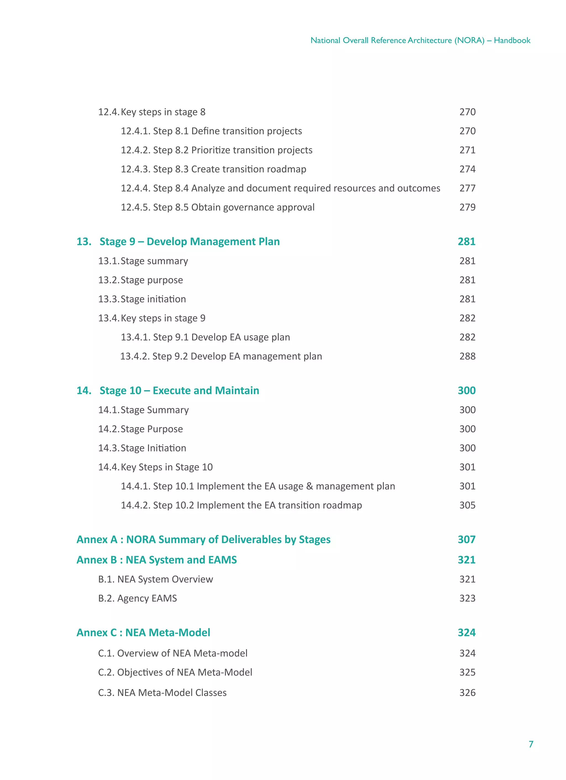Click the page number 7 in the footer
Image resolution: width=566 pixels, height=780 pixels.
pyautogui.click(x=531, y=744)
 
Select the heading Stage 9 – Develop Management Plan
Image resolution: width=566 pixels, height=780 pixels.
pyautogui.click(x=189, y=241)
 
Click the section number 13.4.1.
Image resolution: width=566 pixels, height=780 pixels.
pyautogui.click(x=135, y=337)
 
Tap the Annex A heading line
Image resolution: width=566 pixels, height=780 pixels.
pyautogui.click(x=203, y=539)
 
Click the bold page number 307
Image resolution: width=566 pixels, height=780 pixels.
pyautogui.click(x=466, y=539)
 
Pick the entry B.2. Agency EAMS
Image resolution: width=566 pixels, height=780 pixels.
pyautogui.click(x=138, y=598)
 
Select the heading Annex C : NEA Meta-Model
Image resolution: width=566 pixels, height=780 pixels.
pyautogui.click(x=143, y=632)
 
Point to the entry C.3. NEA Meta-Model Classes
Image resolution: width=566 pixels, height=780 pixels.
pyautogui.click(x=163, y=693)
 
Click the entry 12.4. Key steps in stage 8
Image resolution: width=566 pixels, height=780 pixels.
pyautogui.click(x=152, y=112)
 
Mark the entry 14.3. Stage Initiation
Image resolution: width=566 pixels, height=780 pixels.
pyautogui.click(x=142, y=448)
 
